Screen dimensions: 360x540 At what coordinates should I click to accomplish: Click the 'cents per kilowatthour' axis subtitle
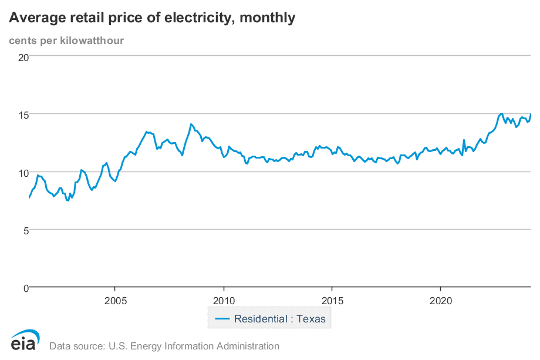click(66, 41)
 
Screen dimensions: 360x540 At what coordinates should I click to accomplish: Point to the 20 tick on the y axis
click(23, 57)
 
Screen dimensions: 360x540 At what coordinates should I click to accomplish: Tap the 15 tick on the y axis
click(23, 114)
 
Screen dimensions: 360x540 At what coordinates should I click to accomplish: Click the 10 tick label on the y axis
click(23, 172)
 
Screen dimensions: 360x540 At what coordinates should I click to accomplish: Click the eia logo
click(24, 341)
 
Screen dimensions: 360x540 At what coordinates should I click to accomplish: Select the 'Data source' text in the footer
click(164, 346)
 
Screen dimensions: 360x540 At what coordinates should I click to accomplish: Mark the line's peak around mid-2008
click(191, 124)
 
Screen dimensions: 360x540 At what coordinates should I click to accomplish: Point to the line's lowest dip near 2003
click(68, 200)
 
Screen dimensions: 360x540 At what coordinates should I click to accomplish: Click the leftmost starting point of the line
click(29, 198)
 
